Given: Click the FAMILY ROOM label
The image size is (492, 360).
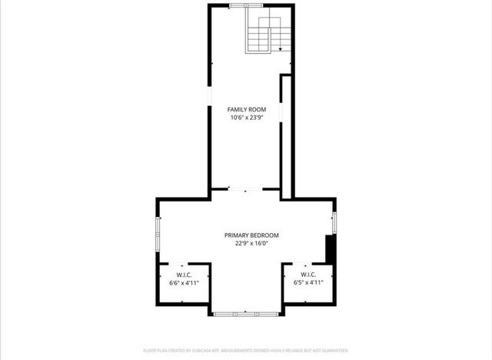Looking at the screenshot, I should coord(246,110).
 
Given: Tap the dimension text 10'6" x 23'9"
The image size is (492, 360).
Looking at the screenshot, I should coord(246,118).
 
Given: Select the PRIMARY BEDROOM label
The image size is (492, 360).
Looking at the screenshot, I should coord(251,235).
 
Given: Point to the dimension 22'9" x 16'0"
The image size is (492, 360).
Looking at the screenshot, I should coord(251,243).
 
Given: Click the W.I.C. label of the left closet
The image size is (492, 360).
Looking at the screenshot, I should coord(184,275).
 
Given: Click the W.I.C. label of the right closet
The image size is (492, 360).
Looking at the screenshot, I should coord(308,275).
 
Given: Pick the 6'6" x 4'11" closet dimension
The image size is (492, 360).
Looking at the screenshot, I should coord(184,283).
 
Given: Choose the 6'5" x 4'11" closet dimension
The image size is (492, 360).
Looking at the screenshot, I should coord(308,282).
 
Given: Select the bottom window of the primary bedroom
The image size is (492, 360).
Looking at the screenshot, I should coord(246,313).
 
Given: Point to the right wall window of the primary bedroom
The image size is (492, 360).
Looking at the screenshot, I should coord(334,218).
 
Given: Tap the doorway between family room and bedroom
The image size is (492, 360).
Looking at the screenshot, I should coord(246,189).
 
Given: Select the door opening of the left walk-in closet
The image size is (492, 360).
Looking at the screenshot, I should coord(184,264).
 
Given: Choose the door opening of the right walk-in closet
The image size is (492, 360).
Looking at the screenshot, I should coord(308,264).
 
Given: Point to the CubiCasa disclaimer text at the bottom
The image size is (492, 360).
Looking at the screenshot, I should coord(246,350).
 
